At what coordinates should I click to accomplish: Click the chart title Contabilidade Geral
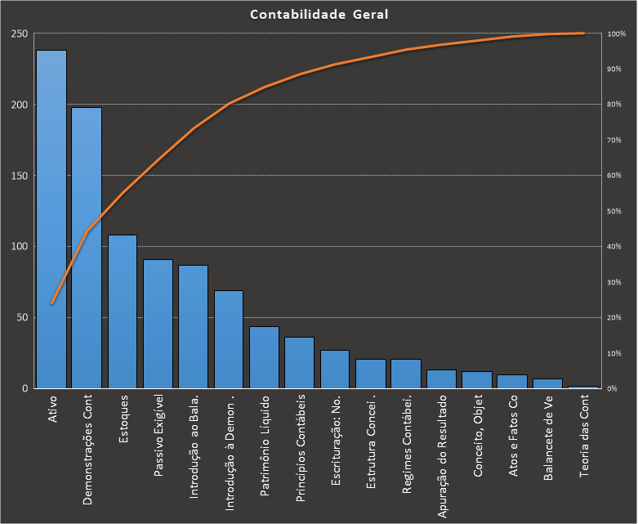tap(319, 15)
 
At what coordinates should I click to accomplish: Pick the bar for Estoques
tap(123, 311)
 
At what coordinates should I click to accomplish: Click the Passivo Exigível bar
tap(158, 324)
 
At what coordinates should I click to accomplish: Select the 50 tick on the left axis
tap(22, 317)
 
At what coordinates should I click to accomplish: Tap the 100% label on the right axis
tap(617, 34)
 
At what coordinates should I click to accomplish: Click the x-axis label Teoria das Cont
tap(583, 437)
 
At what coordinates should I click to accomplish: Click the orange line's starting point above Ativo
tap(51, 303)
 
